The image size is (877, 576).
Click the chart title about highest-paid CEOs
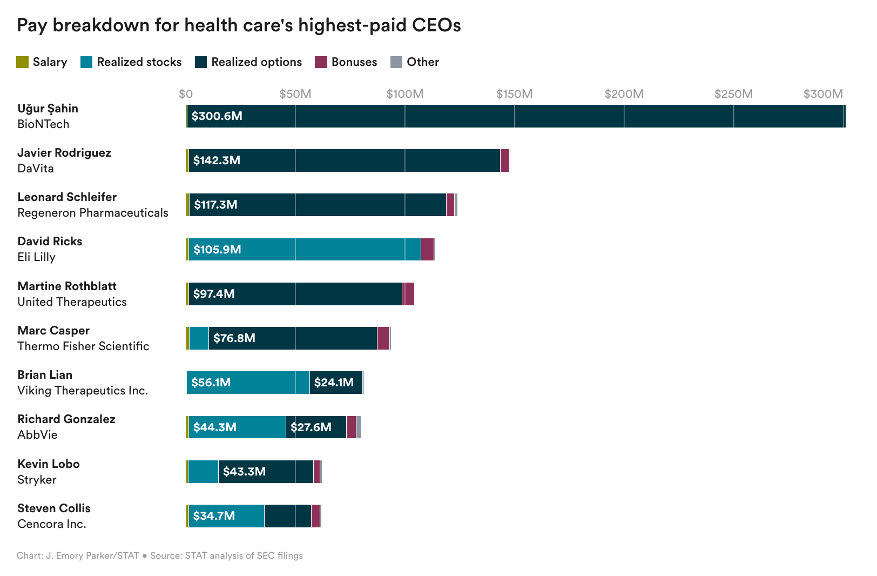[239, 25]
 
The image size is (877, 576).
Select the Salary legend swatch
[22, 62]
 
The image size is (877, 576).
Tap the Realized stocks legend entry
[131, 62]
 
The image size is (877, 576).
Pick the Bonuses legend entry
[346, 62]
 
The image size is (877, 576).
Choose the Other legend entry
[415, 62]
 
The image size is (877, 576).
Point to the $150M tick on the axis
[514, 94]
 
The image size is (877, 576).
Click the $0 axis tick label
[186, 94]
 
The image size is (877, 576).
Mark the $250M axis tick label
[733, 94]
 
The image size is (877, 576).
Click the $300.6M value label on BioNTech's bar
[217, 116]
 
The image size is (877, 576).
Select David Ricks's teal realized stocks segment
[324, 250]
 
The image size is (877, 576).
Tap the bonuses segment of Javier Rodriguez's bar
[505, 160]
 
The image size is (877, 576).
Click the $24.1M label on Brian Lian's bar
[334, 383]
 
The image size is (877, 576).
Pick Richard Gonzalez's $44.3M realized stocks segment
[237, 427]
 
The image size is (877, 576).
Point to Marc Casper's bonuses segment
[383, 338]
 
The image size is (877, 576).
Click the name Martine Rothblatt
[67, 286]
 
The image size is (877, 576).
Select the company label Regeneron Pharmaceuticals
[93, 213]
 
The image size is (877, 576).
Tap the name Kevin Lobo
[49, 464]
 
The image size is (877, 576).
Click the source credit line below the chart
[160, 555]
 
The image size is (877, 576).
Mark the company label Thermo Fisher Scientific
[83, 346]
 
